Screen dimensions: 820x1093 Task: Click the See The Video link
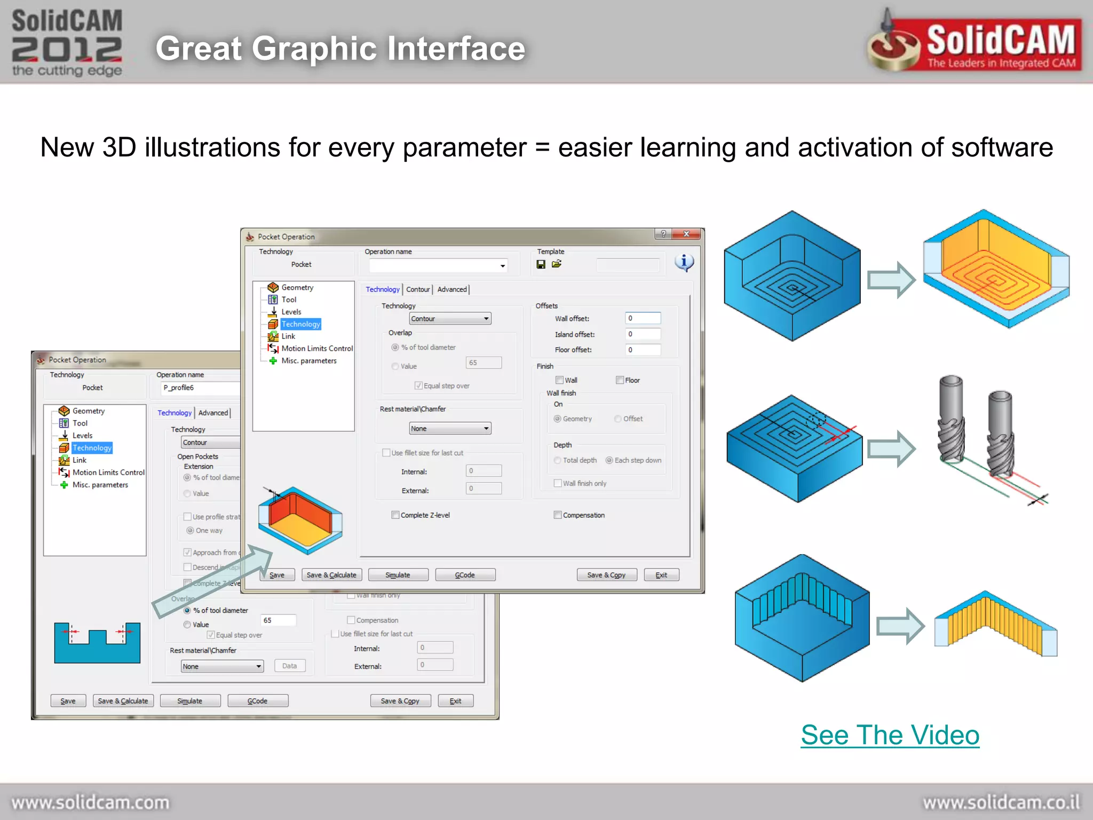(890, 735)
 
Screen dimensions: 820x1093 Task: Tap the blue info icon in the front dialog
(684, 262)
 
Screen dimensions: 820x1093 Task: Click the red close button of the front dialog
(687, 234)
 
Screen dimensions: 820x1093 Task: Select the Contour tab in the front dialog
(417, 289)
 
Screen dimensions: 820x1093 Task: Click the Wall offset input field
(643, 318)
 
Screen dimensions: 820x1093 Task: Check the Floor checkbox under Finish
(620, 380)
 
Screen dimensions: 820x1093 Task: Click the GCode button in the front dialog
(465, 575)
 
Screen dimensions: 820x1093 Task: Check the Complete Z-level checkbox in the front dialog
(395, 515)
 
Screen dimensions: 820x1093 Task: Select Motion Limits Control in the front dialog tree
(316, 349)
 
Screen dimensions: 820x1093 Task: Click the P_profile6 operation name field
(200, 388)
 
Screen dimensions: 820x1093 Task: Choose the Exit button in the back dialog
(455, 701)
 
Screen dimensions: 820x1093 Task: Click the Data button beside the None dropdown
(290, 666)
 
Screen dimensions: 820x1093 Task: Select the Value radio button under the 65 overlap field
(187, 625)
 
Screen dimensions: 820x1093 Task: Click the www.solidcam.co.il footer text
(1001, 802)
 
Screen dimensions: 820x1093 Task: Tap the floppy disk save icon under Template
(541, 264)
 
